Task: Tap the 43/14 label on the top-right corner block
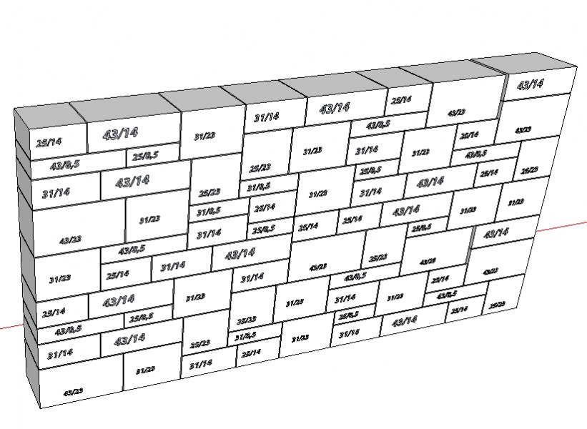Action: click(x=530, y=84)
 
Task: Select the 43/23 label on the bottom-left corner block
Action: click(x=73, y=392)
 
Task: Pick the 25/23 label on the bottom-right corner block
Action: click(x=496, y=305)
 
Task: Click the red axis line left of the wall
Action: click(x=10, y=327)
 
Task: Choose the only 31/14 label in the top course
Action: click(x=266, y=117)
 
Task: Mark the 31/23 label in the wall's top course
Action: click(x=204, y=136)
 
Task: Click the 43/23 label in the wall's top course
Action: click(x=457, y=113)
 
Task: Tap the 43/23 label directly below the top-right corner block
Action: click(x=523, y=129)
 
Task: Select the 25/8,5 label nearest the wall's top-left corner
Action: click(x=144, y=155)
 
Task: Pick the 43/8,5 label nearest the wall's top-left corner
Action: click(x=64, y=166)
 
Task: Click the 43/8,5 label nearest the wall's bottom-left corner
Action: click(x=68, y=330)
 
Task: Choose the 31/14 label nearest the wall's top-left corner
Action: click(x=56, y=193)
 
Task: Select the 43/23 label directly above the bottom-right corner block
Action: click(x=490, y=272)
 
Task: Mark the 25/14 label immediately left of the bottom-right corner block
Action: click(x=458, y=310)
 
